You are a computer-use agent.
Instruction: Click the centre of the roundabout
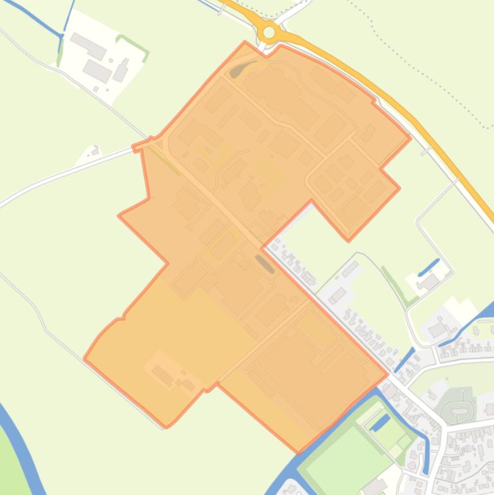(269, 32)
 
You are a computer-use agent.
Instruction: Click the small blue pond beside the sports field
(380, 422)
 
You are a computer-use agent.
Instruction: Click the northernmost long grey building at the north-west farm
(88, 46)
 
